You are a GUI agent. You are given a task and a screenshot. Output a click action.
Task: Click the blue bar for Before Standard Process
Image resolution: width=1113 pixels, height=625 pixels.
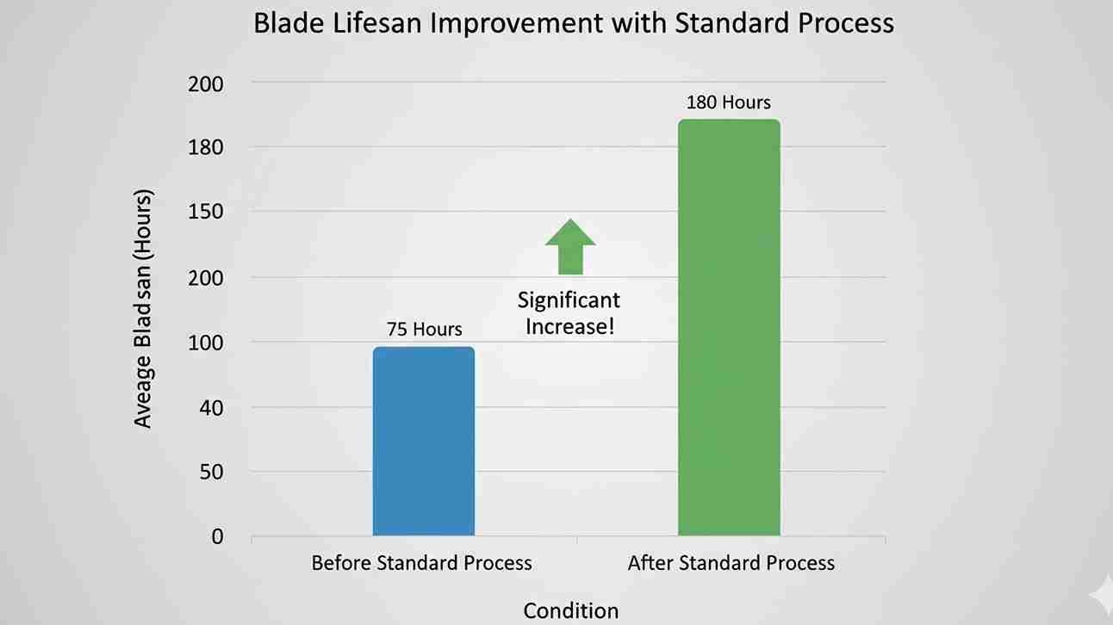tap(423, 441)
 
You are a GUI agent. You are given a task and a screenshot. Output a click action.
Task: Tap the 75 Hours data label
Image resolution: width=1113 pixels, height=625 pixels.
tap(423, 329)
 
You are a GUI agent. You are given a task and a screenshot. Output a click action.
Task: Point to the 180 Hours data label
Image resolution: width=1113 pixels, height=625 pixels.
tap(729, 102)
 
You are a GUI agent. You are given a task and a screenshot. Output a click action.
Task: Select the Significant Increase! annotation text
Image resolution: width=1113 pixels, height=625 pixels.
tap(569, 313)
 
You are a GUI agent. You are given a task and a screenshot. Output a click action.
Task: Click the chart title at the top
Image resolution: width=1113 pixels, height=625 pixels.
tap(573, 23)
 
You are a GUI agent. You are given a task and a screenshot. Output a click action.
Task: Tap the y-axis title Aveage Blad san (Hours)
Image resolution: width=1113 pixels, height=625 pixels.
tap(143, 308)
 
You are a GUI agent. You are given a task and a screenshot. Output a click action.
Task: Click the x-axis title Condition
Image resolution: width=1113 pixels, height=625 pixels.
tap(570, 610)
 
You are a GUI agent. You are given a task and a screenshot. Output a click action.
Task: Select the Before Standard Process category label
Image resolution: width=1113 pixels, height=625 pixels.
tap(421, 563)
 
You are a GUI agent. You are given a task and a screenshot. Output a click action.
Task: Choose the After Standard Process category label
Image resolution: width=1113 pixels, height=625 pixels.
tap(731, 563)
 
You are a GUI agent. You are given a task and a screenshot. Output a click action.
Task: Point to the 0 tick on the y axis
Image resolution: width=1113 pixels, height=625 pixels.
tap(217, 536)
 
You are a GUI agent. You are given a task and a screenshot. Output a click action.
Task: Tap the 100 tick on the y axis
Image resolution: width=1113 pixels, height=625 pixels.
tap(206, 343)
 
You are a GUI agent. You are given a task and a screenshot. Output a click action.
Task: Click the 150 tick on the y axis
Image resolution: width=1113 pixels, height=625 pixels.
tap(206, 212)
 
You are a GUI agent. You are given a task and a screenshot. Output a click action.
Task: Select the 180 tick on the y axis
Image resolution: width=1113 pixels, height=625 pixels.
tap(206, 147)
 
